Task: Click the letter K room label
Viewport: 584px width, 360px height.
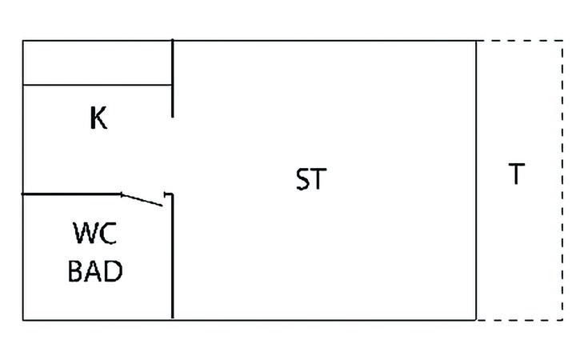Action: pos(98,119)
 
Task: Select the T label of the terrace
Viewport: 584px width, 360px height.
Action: pos(517,174)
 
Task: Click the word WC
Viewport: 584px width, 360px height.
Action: pos(95,234)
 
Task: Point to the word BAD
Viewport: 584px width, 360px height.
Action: pos(95,271)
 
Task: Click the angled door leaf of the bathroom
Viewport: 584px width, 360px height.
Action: pos(142,199)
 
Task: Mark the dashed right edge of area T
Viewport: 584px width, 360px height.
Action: pos(562,180)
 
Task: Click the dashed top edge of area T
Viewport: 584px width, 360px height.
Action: pos(520,40)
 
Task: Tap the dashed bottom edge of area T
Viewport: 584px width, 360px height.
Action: pos(520,320)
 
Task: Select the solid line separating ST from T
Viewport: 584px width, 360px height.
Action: pos(477,180)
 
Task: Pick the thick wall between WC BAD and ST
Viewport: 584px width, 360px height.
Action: pos(173,264)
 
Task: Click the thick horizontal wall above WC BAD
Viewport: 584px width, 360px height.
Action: pos(72,194)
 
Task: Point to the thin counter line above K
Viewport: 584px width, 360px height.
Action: pos(96,85)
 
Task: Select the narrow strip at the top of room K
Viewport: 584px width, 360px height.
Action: pos(96,62)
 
